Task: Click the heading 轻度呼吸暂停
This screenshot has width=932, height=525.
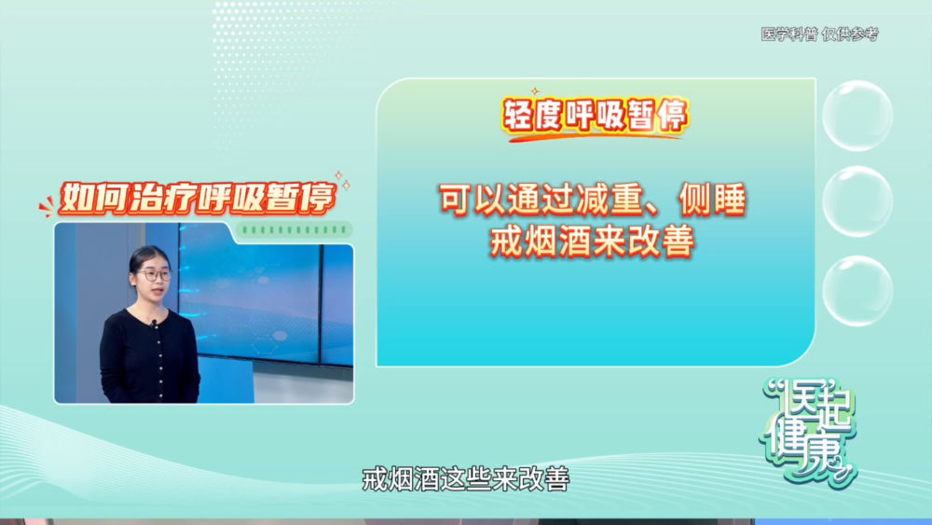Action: coord(596,115)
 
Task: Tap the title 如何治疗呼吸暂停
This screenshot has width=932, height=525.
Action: coord(198,198)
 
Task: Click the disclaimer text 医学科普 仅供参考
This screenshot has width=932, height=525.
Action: coord(819,35)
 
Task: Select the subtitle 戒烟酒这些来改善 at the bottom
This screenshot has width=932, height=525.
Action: coord(465,479)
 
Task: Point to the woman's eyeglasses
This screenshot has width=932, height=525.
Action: coord(155,275)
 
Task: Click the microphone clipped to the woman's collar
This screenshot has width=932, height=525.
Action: coord(154,324)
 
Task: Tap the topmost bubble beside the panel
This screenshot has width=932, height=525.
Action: coord(857,116)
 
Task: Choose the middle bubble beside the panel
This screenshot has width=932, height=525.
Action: coord(857,201)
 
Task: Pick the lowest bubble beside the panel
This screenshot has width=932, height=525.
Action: coord(857,291)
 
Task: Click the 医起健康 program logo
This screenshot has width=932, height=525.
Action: coord(808,431)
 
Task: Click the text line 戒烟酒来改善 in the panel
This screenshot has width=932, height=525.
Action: coord(592,242)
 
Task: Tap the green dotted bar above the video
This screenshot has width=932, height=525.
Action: coord(295,229)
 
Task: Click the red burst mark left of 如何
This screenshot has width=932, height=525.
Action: coord(47,208)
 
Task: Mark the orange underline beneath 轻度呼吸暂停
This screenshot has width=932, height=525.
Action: coord(595,137)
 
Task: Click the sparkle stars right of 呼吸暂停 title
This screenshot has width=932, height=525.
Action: coord(342,180)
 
